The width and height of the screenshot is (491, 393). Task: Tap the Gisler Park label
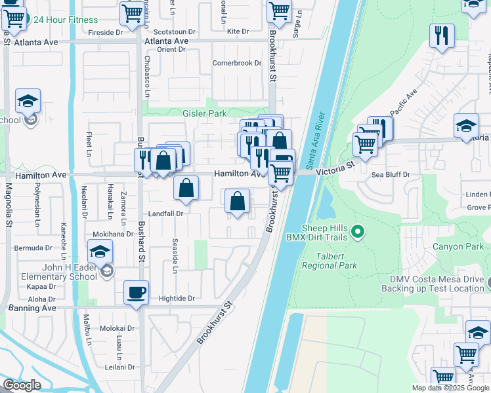(204, 113)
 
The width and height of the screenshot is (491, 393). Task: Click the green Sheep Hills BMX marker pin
(358, 231)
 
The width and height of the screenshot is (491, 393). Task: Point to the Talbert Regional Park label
(330, 261)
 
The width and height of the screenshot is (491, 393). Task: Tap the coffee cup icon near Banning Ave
(136, 292)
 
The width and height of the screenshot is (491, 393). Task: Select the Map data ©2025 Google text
(450, 388)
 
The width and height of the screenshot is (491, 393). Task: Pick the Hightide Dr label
(177, 298)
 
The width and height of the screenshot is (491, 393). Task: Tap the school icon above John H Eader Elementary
(100, 252)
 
